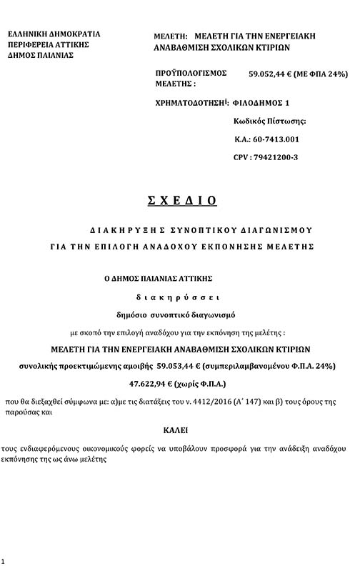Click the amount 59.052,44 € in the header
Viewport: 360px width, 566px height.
pos(272,73)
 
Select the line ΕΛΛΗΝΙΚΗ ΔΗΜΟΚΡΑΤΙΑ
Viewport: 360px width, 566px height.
pos(54,34)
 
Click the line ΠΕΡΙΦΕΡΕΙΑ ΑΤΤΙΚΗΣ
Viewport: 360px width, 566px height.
pos(50,44)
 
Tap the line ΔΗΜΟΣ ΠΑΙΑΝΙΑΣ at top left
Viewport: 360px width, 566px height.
pos(44,54)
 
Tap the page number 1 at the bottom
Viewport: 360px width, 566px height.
pos(4,560)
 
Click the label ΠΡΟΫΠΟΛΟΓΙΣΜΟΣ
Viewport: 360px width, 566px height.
pos(191,73)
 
